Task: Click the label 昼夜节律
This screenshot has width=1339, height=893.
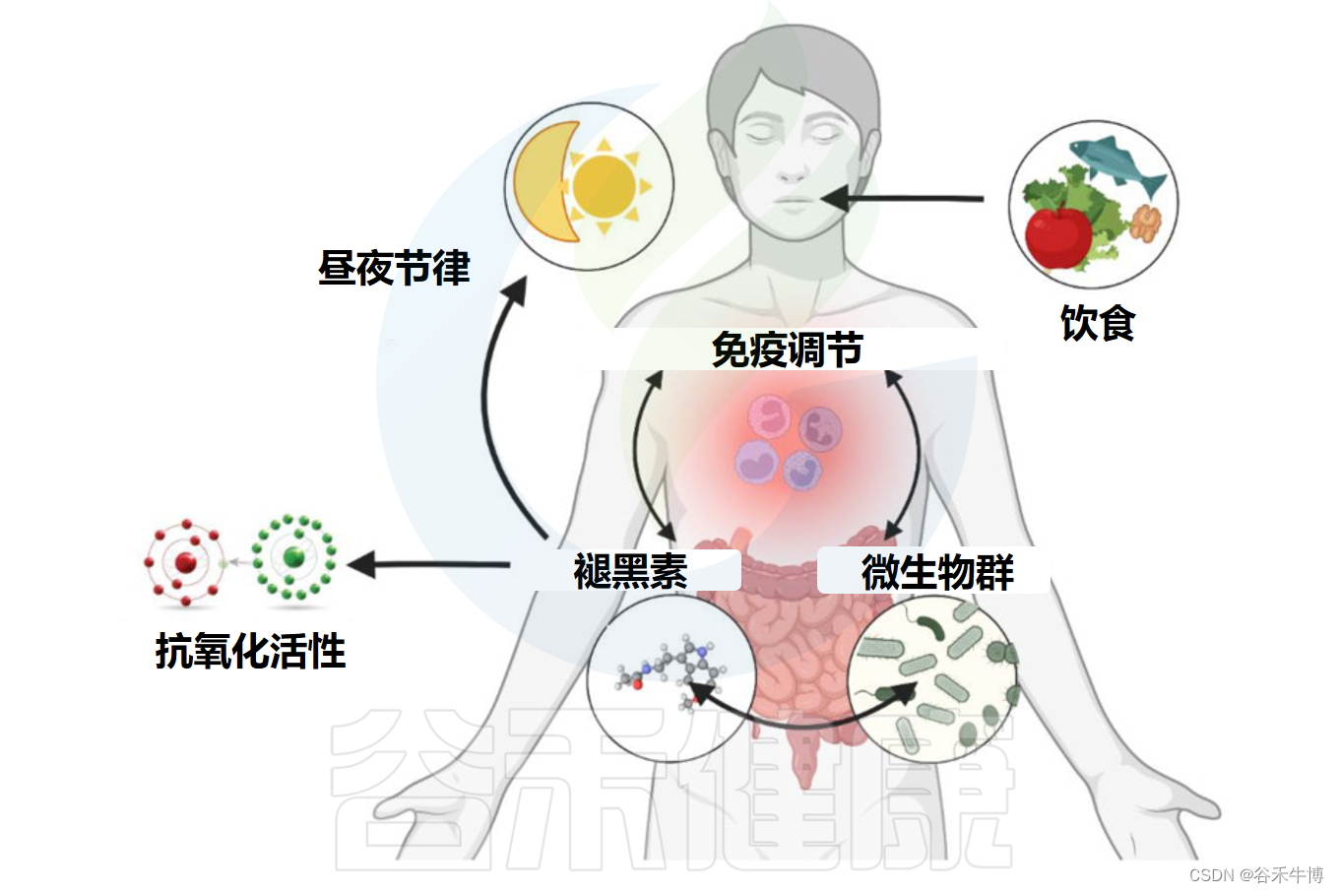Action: point(394,269)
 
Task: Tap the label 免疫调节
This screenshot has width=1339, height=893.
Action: point(787,350)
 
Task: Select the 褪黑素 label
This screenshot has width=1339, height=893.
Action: point(630,571)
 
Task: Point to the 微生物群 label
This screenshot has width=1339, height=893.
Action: point(937,572)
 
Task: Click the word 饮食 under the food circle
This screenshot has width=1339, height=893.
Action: point(1097,323)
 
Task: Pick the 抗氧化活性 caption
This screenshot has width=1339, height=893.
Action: point(250,651)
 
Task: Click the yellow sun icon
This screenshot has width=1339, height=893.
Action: point(604,185)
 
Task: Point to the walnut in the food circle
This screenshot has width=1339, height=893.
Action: point(1145,223)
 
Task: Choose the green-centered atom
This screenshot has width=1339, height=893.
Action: point(293,557)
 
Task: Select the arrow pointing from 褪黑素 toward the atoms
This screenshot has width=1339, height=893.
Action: point(428,565)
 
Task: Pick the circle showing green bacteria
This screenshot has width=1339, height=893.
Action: point(931,678)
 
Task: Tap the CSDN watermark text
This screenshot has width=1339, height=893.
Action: point(1255,874)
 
